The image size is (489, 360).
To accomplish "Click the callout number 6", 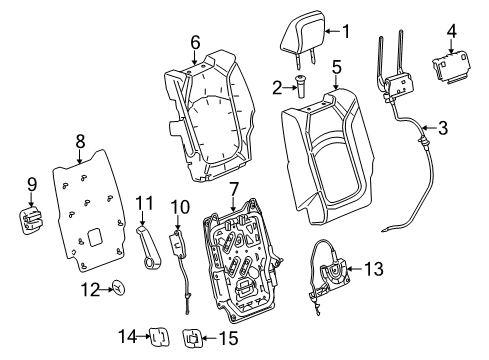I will pos(195,42).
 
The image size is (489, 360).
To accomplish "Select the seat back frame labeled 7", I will pos(240,270).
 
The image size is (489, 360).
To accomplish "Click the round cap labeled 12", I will pos(119,317).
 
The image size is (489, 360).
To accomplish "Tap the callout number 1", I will pos(345,31).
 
